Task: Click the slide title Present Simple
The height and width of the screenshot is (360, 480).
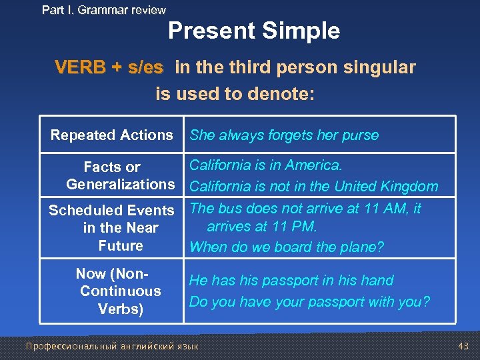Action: tap(253, 31)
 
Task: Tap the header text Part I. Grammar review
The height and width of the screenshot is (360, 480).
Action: tap(103, 10)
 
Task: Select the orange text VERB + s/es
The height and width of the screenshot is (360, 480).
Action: tap(109, 67)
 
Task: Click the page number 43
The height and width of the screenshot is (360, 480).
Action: tap(464, 346)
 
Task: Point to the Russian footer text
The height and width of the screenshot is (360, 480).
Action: tap(112, 346)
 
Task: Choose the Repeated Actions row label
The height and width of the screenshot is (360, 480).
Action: tap(111, 135)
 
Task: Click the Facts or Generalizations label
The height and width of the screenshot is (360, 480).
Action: tap(120, 175)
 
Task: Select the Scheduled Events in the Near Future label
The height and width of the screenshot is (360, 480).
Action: tap(111, 228)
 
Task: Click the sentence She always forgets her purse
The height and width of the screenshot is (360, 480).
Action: tap(284, 135)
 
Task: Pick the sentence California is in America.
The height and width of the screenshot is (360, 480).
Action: tap(266, 165)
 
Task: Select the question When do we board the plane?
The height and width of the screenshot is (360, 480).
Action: tap(287, 247)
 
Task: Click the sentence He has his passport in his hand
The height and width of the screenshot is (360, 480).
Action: tap(291, 281)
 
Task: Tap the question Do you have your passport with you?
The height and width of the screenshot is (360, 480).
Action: tap(309, 302)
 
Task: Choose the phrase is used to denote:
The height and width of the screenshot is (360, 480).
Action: tap(235, 94)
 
